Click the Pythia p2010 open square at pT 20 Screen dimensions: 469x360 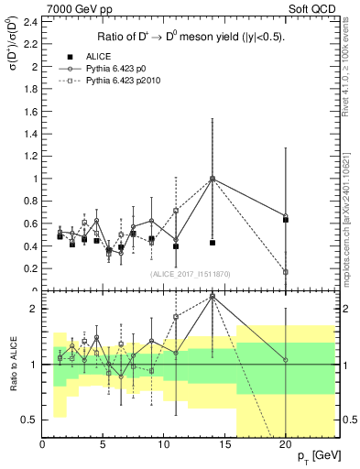point(286,272)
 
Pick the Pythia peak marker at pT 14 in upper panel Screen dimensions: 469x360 point(213,180)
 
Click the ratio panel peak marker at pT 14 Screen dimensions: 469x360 point(213,297)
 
